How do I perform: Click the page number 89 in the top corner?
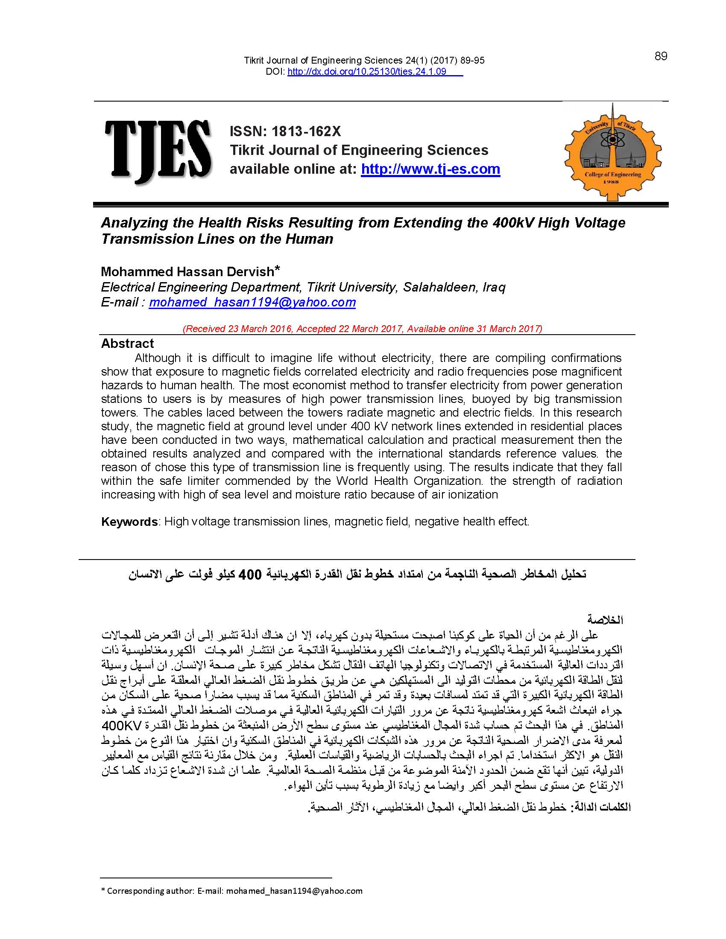pyautogui.click(x=661, y=56)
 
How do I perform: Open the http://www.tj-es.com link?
pyautogui.click(x=430, y=169)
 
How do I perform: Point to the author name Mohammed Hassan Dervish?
pyautogui.click(x=187, y=272)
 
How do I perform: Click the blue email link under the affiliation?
pyautogui.click(x=252, y=302)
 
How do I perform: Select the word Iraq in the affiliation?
pyautogui.click(x=494, y=287)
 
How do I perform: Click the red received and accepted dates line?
pyautogui.click(x=363, y=329)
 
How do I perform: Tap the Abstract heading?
pyautogui.click(x=127, y=344)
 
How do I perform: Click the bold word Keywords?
pyautogui.click(x=129, y=522)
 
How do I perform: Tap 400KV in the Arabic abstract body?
pyautogui.click(x=122, y=726)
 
